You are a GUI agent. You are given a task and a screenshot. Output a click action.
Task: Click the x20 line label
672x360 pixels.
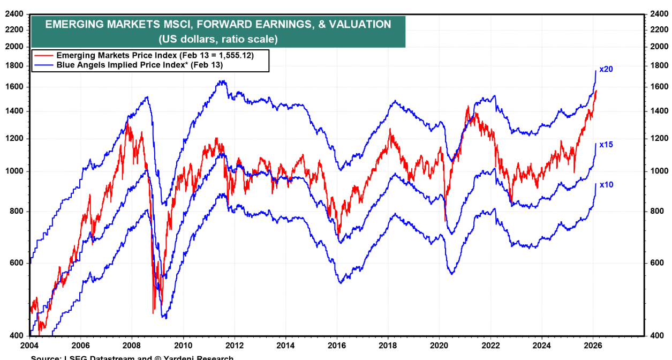(606, 69)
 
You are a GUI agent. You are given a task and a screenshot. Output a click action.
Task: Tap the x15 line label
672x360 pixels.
(606, 145)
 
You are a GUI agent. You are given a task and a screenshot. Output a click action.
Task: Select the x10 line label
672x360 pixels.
(606, 184)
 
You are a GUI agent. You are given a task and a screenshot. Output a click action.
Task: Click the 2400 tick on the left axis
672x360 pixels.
(14, 14)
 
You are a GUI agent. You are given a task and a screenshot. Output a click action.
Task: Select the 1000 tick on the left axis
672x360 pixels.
(14, 171)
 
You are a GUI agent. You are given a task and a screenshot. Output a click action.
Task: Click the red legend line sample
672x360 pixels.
(44, 55)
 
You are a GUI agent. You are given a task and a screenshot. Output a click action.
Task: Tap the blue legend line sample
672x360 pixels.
(44, 65)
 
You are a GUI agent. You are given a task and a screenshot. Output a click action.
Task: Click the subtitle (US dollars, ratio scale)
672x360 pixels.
(217, 39)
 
